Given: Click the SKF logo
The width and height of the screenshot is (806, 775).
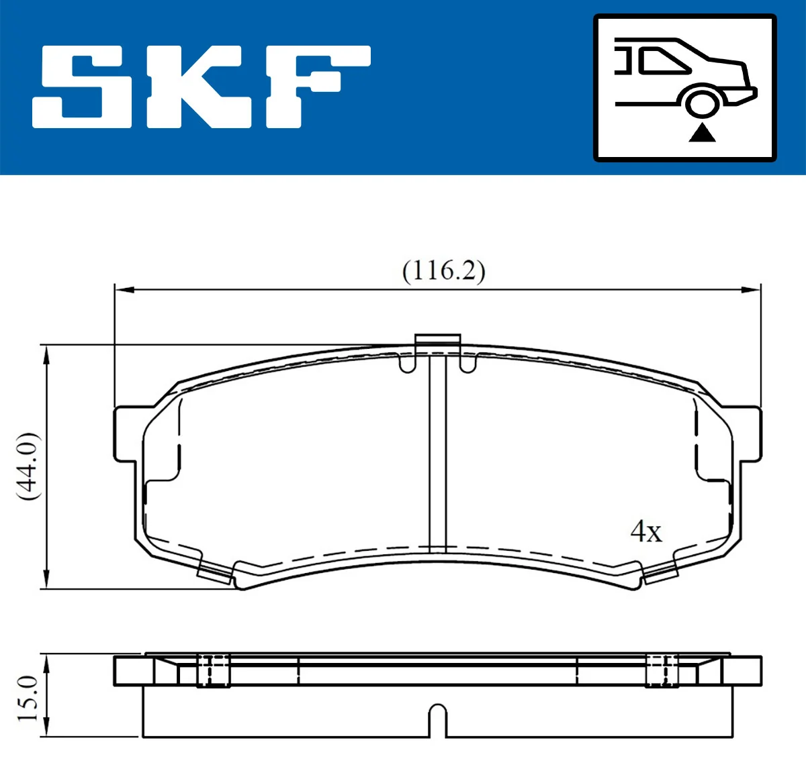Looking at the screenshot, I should pyautogui.click(x=201, y=87).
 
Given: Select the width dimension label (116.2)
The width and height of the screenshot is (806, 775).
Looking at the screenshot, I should pyautogui.click(x=443, y=271).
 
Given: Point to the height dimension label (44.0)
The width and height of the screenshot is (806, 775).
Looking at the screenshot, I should pyautogui.click(x=28, y=466).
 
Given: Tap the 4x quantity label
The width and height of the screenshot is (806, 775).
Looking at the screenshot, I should pyautogui.click(x=645, y=531).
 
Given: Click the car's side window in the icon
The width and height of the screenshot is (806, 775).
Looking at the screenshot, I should pyautogui.click(x=665, y=60).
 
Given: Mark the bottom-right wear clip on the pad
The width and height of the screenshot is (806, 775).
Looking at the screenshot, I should pyautogui.click(x=660, y=572).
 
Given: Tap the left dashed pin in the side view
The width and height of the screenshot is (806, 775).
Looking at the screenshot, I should pyautogui.click(x=213, y=670).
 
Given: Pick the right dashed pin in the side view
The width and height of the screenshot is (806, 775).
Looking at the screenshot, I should pyautogui.click(x=662, y=670).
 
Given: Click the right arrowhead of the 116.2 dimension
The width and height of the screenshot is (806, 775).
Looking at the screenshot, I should pyautogui.click(x=751, y=290).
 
